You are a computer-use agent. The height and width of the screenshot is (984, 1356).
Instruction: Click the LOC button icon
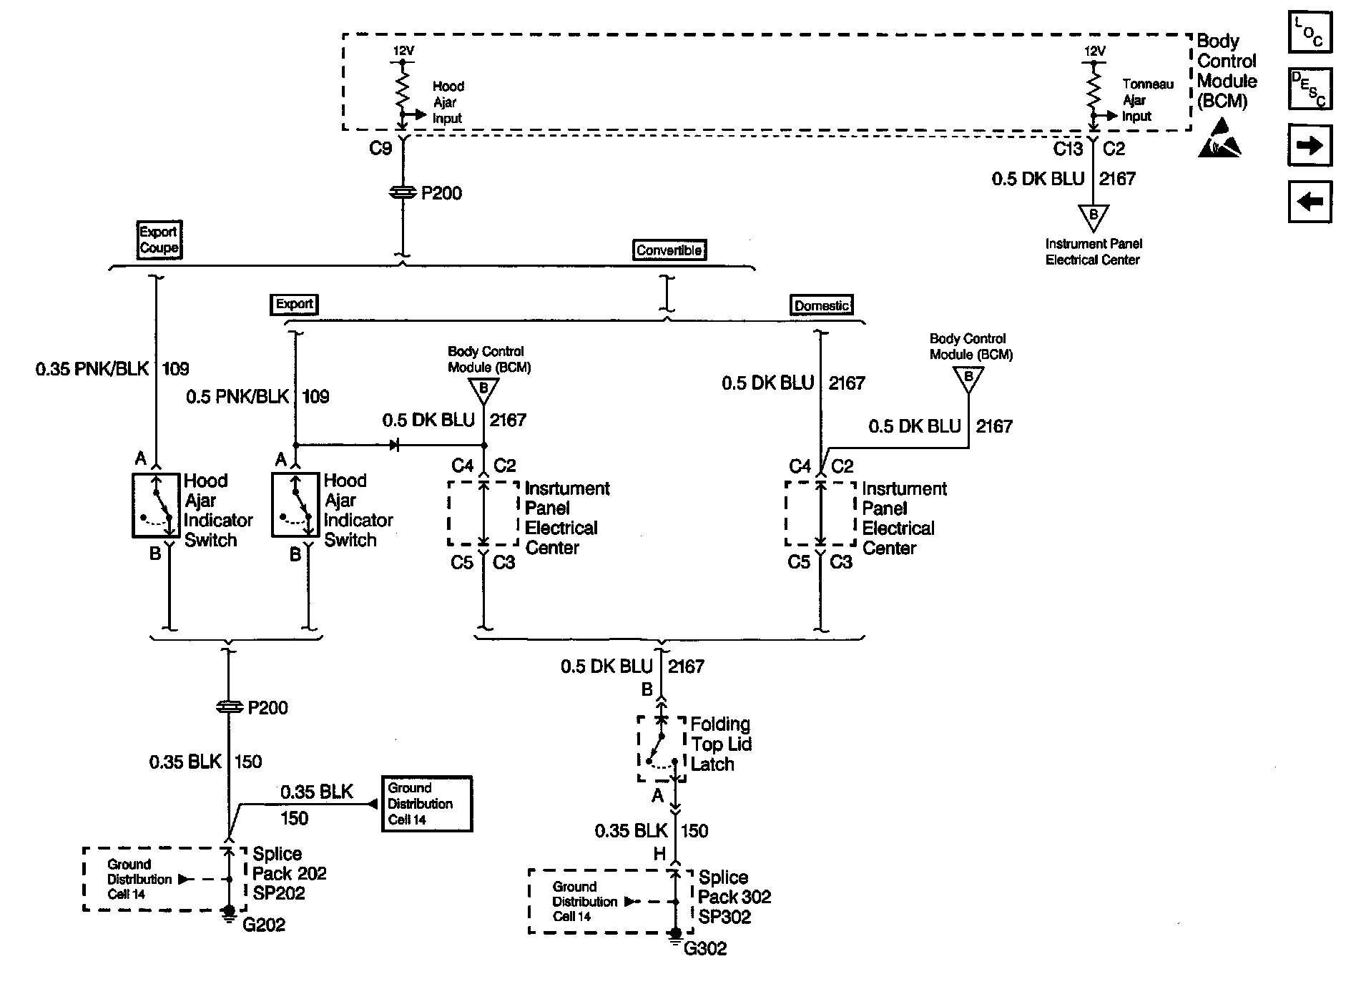tap(1310, 32)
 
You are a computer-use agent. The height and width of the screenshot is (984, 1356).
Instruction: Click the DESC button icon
tap(1310, 89)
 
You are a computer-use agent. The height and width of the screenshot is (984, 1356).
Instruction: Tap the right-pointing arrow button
tap(1310, 145)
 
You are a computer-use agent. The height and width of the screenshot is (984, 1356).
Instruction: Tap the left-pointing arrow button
tap(1310, 202)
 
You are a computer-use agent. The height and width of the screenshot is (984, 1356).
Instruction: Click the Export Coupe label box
tap(159, 240)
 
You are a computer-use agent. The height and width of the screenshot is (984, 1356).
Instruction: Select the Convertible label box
tap(669, 250)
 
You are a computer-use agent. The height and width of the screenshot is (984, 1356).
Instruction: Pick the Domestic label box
tap(822, 305)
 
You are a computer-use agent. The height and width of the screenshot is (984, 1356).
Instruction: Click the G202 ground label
tap(264, 925)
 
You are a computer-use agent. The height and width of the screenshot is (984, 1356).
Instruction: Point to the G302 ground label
tap(705, 948)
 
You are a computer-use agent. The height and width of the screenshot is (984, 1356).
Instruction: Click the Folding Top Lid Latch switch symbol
tap(662, 749)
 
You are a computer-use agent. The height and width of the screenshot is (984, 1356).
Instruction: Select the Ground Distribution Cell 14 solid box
tap(427, 804)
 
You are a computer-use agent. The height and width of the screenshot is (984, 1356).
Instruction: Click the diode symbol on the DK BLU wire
tap(394, 445)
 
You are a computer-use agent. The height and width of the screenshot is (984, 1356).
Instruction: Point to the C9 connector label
tap(380, 148)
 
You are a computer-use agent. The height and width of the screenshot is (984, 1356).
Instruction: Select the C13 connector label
tap(1068, 149)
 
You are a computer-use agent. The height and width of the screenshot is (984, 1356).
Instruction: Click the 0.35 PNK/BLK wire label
tap(92, 369)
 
